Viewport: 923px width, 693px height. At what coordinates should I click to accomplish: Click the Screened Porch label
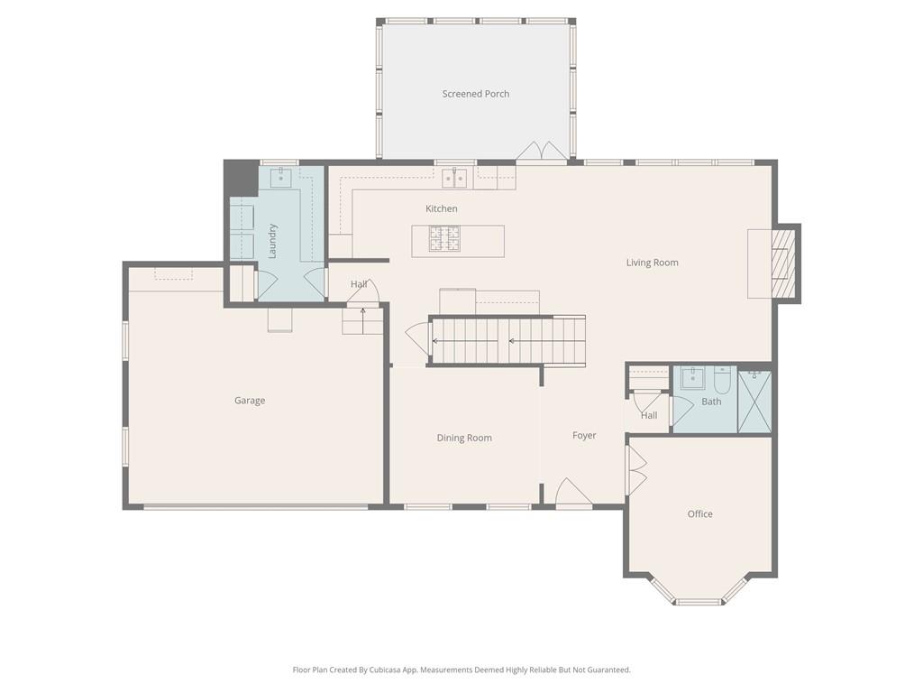tap(475, 94)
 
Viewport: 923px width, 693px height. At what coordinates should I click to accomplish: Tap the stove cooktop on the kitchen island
tap(443, 238)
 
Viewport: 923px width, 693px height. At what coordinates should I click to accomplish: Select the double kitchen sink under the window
tap(454, 177)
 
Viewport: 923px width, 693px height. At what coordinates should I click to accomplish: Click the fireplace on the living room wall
tap(783, 263)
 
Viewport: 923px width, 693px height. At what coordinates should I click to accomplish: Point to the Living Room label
tap(652, 263)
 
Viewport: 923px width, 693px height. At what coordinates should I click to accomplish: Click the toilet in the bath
tap(722, 376)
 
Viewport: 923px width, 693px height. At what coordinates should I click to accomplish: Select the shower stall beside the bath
tap(754, 400)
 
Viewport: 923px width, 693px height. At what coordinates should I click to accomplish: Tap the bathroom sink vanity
tap(692, 377)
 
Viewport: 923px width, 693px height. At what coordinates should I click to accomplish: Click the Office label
tap(699, 514)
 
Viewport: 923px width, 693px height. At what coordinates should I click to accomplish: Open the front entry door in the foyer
tap(573, 494)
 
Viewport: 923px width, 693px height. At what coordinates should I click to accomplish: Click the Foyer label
tap(584, 436)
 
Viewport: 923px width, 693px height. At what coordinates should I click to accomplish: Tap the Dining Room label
tap(464, 439)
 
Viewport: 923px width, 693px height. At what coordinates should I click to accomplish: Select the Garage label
tap(250, 401)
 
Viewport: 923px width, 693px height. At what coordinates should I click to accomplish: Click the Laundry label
tap(272, 241)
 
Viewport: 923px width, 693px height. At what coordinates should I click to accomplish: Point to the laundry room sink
tap(280, 177)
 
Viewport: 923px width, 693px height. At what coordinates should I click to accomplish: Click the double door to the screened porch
tap(541, 152)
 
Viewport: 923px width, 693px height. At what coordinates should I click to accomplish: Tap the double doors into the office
tap(636, 470)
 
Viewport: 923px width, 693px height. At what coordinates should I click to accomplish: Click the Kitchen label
tap(442, 209)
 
